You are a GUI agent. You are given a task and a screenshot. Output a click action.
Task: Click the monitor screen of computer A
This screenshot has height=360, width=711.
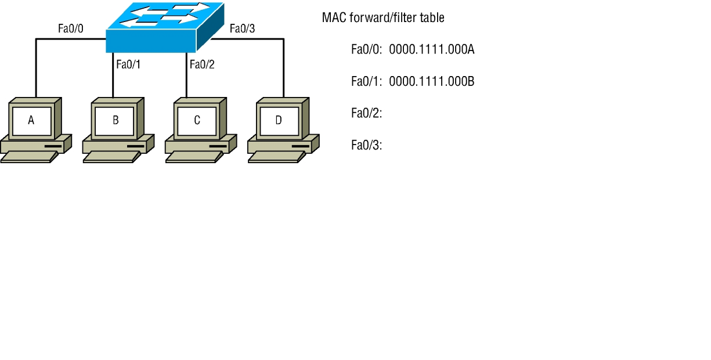click(32, 120)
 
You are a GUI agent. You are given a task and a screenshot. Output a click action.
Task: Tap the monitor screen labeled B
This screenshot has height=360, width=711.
click(115, 120)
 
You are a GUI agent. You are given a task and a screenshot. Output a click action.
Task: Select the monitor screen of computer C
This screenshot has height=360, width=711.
click(197, 120)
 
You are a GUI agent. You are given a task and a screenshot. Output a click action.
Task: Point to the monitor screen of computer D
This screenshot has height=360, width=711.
click(279, 120)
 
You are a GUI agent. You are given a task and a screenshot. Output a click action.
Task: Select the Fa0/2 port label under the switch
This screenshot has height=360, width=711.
click(202, 64)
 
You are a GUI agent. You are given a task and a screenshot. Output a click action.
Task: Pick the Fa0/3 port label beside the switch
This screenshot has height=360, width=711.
click(242, 28)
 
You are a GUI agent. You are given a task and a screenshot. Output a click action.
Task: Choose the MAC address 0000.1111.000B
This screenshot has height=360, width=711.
click(432, 82)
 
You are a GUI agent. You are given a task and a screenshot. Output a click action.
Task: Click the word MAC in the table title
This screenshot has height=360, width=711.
click(331, 18)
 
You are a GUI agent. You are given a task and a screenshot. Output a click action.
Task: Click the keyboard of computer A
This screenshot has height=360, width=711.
click(29, 157)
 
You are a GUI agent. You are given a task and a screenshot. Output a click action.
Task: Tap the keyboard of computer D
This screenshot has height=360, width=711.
click(276, 157)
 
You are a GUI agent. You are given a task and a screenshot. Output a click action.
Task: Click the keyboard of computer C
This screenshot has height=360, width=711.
click(194, 157)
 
